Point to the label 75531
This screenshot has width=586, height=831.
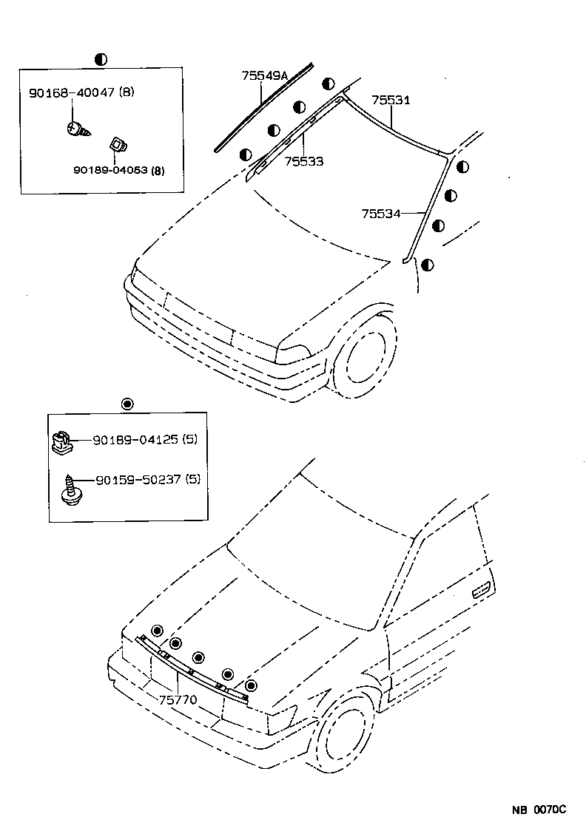[390, 101]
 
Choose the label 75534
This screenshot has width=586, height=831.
[380, 214]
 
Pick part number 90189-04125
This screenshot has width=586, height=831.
[135, 440]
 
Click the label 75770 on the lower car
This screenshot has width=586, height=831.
[178, 699]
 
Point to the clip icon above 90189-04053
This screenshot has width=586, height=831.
[117, 144]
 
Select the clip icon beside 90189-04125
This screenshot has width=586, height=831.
[61, 441]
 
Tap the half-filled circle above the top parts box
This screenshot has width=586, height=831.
[101, 58]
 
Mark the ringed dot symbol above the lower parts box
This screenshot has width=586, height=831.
[127, 403]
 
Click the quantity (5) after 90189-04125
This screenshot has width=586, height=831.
[190, 440]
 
